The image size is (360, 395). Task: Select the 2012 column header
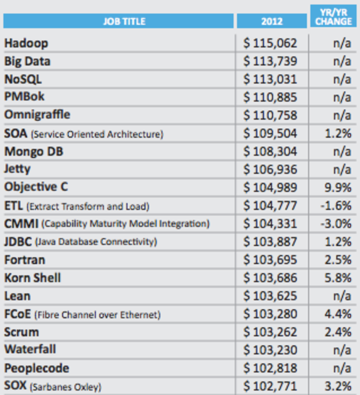tap(271, 21)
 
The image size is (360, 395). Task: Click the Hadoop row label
tap(26, 43)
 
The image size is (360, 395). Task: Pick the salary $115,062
tap(271, 43)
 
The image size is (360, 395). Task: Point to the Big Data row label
tap(27, 61)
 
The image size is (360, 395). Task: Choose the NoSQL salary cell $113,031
tap(271, 79)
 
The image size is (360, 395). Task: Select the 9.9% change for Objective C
tap(339, 187)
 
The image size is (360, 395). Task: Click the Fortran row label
tap(24, 260)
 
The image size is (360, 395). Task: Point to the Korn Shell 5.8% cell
tap(339, 278)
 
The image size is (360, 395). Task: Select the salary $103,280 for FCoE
tap(271, 314)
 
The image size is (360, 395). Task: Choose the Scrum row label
tap(21, 332)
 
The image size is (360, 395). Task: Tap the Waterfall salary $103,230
tap(271, 350)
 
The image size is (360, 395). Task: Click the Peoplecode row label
tap(37, 368)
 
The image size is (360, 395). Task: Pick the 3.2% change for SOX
tap(339, 386)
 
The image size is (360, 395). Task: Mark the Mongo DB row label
tap(34, 151)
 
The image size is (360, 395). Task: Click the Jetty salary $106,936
tap(271, 169)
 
